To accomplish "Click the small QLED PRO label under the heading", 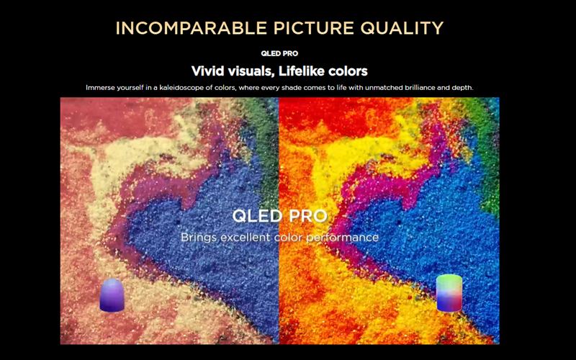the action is (279, 53).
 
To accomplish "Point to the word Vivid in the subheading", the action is (207, 71).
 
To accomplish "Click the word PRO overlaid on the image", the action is (308, 216).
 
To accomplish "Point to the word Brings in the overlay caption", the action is (199, 238).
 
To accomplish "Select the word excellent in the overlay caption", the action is (246, 238).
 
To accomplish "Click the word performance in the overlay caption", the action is (343, 238).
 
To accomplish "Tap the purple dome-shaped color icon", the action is (112, 295).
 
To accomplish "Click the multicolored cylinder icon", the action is (449, 293).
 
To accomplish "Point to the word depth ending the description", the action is (463, 88).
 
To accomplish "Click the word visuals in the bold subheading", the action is (251, 71).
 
